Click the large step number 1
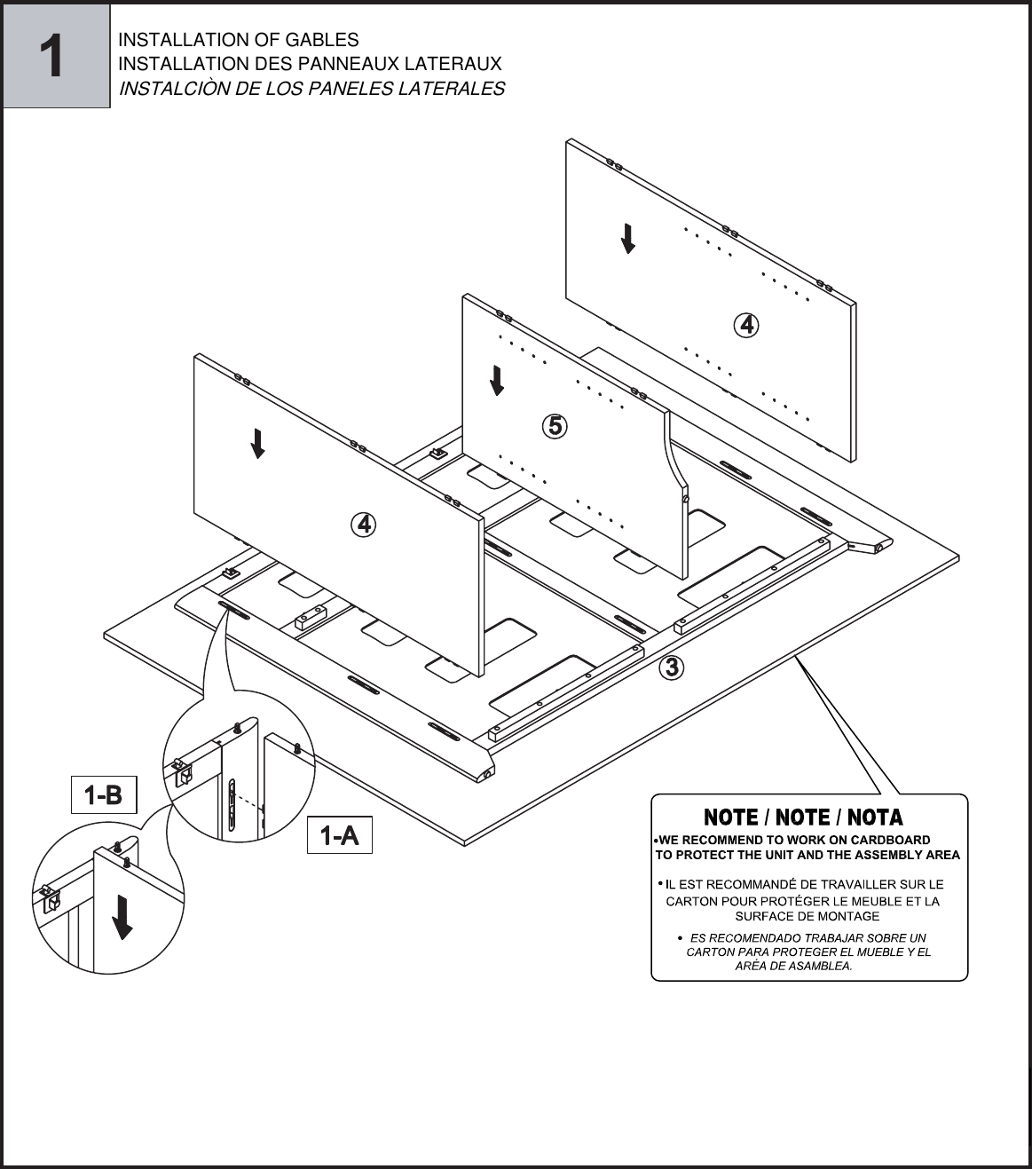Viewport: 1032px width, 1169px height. pyautogui.click(x=55, y=56)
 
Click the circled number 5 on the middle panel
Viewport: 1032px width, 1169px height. pyautogui.click(x=555, y=426)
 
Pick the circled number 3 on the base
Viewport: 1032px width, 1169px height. pyautogui.click(x=673, y=666)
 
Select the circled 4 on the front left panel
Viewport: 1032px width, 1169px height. pyautogui.click(x=364, y=525)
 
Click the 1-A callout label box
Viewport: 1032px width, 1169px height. pyautogui.click(x=339, y=835)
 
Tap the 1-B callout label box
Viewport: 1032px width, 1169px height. pyautogui.click(x=104, y=794)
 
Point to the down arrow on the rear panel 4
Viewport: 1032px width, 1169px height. pyautogui.click(x=628, y=238)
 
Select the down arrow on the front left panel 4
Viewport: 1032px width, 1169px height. pyautogui.click(x=257, y=443)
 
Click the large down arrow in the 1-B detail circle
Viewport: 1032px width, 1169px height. pyautogui.click(x=122, y=917)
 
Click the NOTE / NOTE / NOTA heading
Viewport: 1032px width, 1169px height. pyautogui.click(x=803, y=817)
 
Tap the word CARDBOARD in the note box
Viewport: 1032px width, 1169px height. pyautogui.click(x=890, y=840)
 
